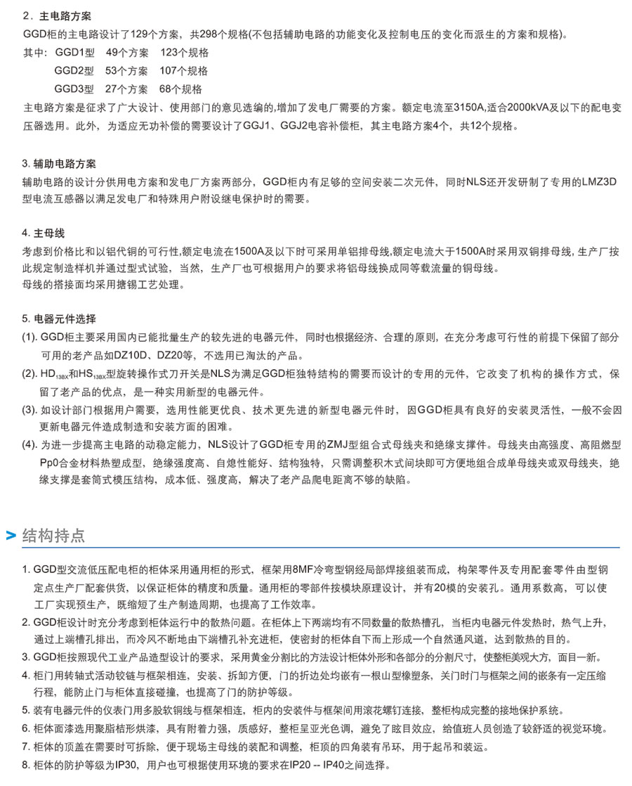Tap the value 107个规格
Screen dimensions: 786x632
coord(184,70)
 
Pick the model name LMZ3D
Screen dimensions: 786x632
coord(601,181)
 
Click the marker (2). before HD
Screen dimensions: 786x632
coord(29,373)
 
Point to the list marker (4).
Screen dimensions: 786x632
coord(29,445)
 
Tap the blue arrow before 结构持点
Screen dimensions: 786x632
coord(11,536)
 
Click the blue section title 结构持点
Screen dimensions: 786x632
coord(54,535)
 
